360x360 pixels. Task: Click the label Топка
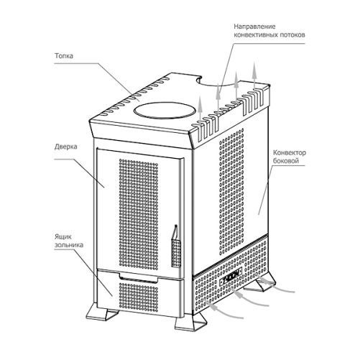pyautogui.click(x=64, y=56)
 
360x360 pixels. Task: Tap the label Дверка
pyautogui.click(x=66, y=147)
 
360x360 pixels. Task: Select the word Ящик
pyautogui.click(x=63, y=237)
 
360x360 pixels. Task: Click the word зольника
pyautogui.click(x=69, y=245)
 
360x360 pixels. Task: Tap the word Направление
pyautogui.click(x=254, y=27)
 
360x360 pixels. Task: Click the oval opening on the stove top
pyautogui.click(x=165, y=110)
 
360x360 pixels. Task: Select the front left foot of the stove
pyautogui.click(x=102, y=311)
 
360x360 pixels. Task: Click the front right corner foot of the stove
pyautogui.click(x=190, y=322)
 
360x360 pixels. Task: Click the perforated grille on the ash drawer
pyautogui.click(x=139, y=296)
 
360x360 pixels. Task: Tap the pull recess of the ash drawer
pyautogui.click(x=139, y=278)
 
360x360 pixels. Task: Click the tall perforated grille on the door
pyautogui.click(x=139, y=213)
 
